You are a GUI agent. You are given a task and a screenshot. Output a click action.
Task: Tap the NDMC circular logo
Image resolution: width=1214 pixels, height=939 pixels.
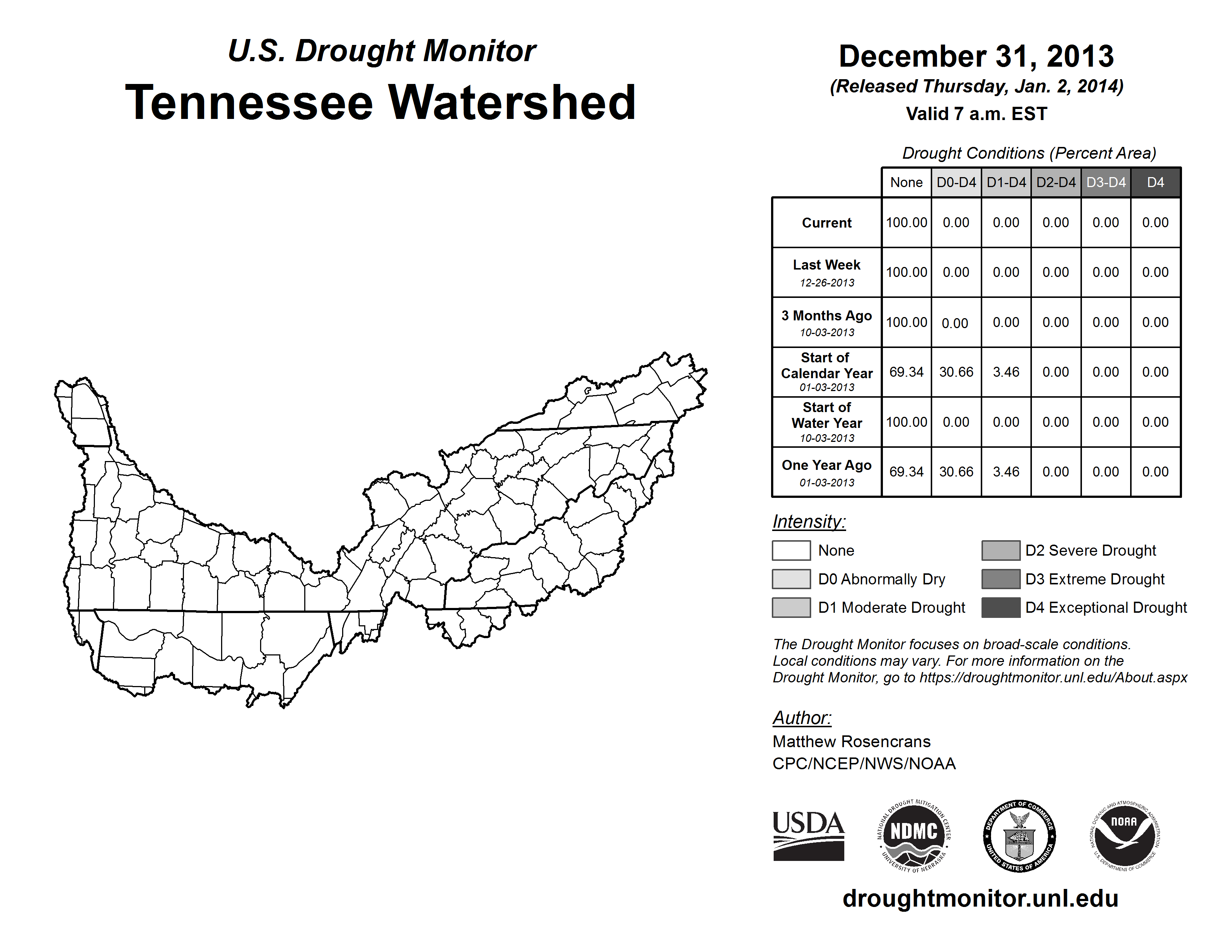pyautogui.click(x=913, y=836)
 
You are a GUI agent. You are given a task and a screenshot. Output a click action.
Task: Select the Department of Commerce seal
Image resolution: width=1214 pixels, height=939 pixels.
pyautogui.click(x=1019, y=836)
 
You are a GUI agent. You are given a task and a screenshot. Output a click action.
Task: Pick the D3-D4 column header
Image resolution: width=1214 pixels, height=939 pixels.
pyautogui.click(x=1105, y=182)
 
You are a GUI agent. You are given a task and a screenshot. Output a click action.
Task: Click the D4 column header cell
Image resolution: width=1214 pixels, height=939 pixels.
pyautogui.click(x=1156, y=182)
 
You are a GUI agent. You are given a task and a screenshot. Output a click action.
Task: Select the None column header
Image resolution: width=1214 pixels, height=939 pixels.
pyautogui.click(x=906, y=182)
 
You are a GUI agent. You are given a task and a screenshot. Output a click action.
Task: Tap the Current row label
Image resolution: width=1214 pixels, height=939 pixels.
pyautogui.click(x=827, y=223)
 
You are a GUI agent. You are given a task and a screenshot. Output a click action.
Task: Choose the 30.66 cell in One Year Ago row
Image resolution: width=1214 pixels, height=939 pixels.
pyautogui.click(x=956, y=472)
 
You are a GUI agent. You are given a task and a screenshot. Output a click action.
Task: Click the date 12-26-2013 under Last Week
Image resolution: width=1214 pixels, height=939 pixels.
pyautogui.click(x=827, y=282)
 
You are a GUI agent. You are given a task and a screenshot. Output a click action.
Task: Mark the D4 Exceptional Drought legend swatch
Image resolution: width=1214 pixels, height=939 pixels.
pyautogui.click(x=1001, y=608)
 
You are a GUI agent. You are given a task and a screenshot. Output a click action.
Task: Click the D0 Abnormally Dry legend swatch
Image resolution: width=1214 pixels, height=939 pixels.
pyautogui.click(x=791, y=579)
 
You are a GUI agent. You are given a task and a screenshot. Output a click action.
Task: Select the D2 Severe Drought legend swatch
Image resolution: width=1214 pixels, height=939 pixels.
pyautogui.click(x=1001, y=550)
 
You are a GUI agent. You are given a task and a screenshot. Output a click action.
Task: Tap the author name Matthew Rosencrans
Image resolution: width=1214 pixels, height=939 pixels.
pyautogui.click(x=851, y=742)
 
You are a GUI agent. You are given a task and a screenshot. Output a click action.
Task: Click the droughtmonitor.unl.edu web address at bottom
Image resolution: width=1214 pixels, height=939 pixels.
pyautogui.click(x=980, y=898)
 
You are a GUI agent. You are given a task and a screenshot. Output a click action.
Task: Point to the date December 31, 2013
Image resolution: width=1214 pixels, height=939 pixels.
pyautogui.click(x=976, y=56)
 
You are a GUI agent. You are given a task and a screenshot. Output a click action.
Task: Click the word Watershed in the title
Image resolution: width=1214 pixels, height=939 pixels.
pyautogui.click(x=511, y=103)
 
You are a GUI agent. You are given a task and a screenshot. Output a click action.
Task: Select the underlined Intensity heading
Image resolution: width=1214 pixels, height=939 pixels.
pyautogui.click(x=809, y=522)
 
